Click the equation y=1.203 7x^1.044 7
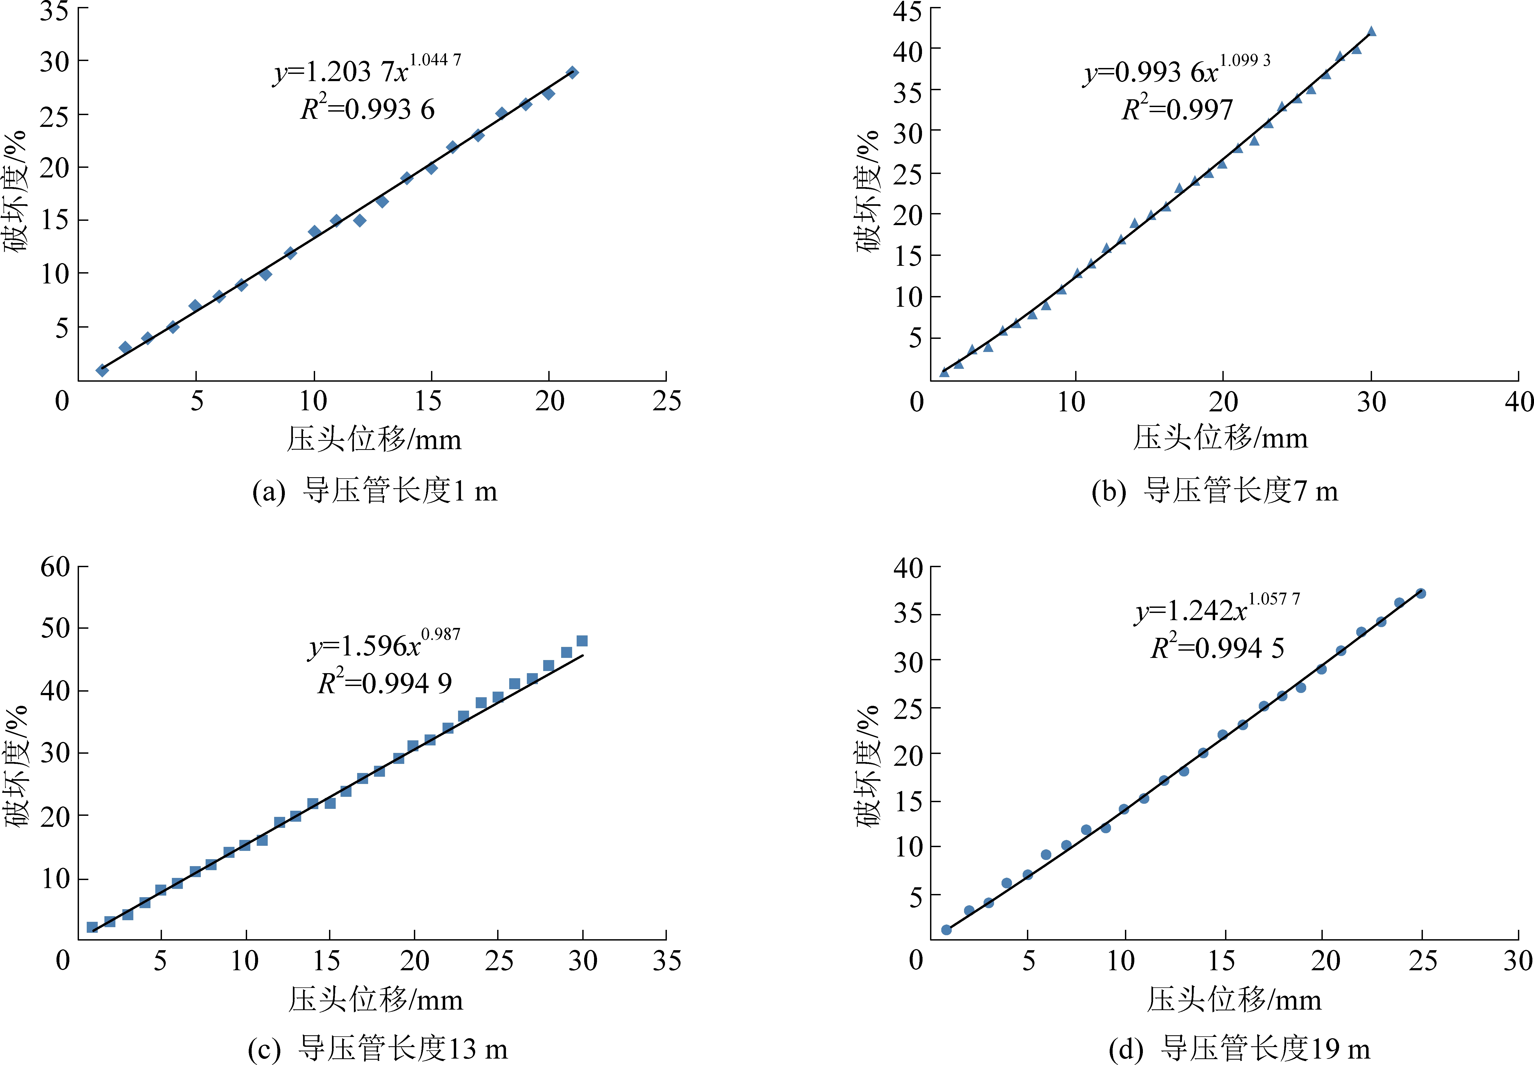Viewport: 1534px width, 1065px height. (x=367, y=69)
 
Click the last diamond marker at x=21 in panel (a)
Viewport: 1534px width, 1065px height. (x=572, y=72)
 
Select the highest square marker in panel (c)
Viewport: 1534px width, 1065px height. (x=582, y=640)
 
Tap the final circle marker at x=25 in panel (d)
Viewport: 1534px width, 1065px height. (x=1420, y=593)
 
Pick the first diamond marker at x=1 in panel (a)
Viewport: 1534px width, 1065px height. (x=102, y=370)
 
